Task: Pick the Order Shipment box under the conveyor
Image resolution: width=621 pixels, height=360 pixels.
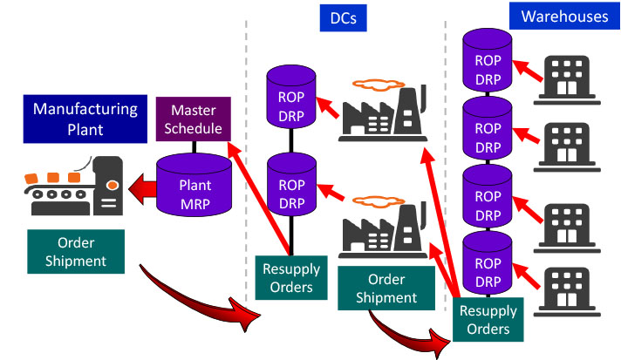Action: coord(75,249)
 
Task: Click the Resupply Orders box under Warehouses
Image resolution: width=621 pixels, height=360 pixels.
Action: coord(488,319)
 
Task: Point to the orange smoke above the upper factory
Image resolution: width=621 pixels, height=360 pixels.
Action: coord(380,85)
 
